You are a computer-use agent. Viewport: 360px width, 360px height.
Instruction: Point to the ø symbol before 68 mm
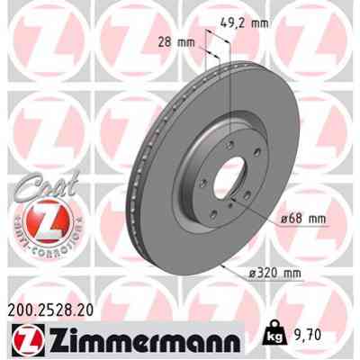pos(282,218)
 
